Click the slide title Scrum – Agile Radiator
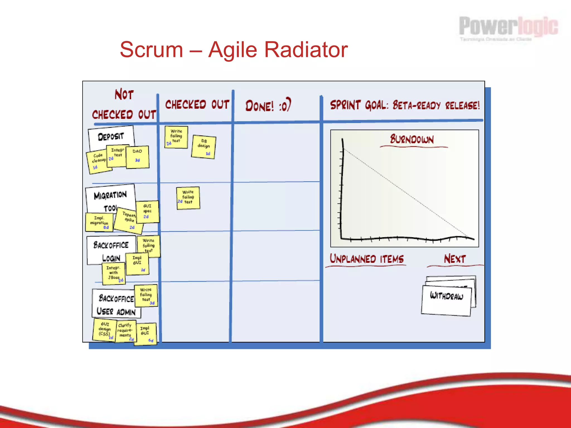234,50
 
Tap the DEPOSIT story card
111,136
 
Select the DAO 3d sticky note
137,157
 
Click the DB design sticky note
204,147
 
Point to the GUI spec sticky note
147,211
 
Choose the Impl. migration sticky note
99,222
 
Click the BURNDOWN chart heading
412,139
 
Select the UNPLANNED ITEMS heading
367,259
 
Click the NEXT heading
455,259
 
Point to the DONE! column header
268,106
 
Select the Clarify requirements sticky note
125,331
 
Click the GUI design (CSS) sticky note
105,330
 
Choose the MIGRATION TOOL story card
110,199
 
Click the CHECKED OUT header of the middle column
197,105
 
